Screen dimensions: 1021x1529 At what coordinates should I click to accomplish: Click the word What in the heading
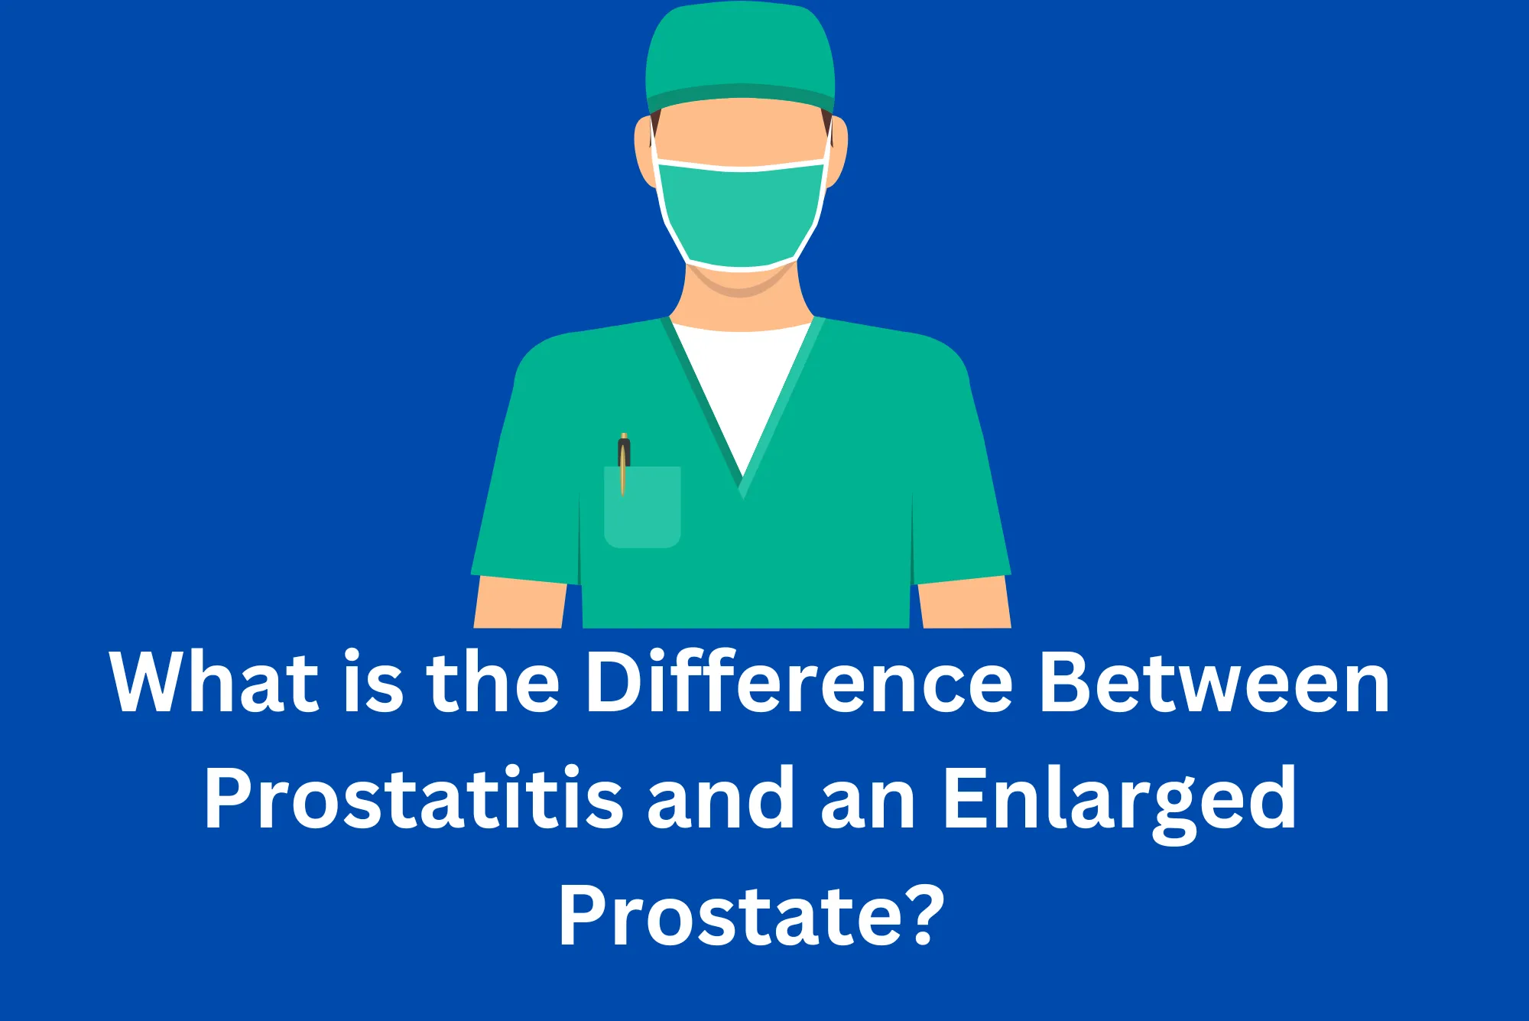214,682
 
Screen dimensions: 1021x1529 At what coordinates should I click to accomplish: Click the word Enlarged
1120,800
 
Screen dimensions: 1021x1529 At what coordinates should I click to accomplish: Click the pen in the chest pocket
624,459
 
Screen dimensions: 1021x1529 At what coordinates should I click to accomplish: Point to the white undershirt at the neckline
740,382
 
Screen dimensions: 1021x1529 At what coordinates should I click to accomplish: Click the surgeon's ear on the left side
644,153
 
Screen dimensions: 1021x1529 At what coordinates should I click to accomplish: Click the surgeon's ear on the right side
837,153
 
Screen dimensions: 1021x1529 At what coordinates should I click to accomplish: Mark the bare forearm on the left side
520,604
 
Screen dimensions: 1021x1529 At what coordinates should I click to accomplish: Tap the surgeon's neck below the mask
740,302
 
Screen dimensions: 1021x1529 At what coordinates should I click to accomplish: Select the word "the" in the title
493,682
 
